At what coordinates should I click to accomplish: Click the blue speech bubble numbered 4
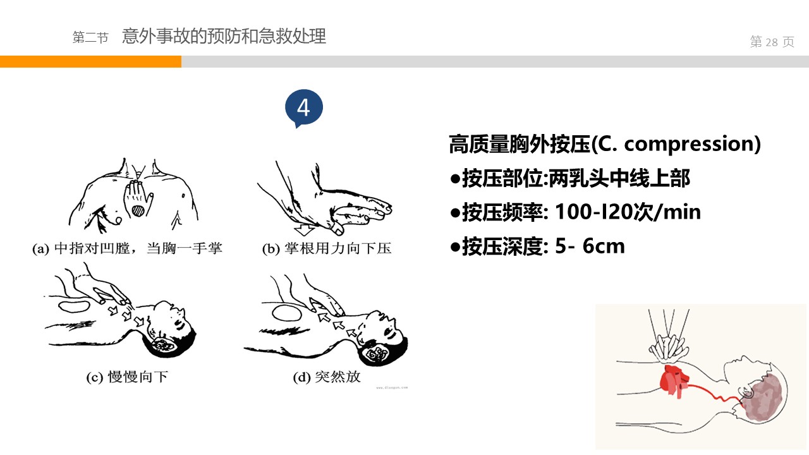tap(304, 108)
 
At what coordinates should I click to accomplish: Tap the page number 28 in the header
tap(772, 42)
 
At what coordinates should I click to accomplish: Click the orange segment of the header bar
tap(90, 61)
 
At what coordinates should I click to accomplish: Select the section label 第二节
tap(90, 37)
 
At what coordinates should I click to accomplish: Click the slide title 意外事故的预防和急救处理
tap(224, 36)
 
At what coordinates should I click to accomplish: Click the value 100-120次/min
tap(628, 212)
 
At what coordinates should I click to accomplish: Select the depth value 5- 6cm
tap(590, 246)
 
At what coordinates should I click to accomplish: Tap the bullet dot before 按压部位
tap(455, 179)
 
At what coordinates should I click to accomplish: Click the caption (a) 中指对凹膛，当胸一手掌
tap(127, 248)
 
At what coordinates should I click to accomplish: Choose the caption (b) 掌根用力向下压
tap(327, 248)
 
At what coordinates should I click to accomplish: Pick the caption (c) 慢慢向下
tap(127, 377)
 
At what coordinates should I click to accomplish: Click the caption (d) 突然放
tap(327, 377)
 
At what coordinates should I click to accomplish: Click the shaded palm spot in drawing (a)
tap(138, 210)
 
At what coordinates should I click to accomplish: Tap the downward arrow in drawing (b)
tap(304, 229)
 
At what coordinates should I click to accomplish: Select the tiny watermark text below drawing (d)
tap(392, 388)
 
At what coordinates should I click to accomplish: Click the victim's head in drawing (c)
tap(170, 329)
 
